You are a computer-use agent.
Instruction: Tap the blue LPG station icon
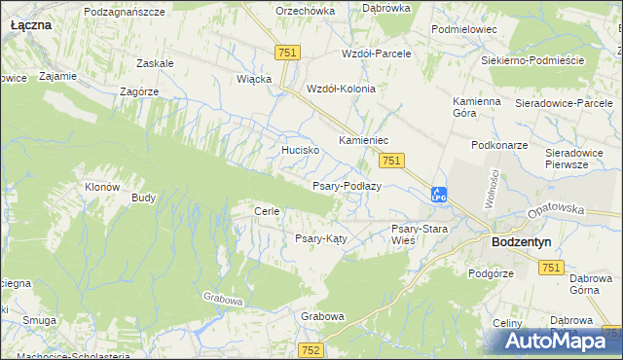(x=439, y=195)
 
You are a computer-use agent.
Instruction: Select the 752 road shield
(x=311, y=350)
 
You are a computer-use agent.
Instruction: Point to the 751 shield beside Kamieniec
(x=391, y=161)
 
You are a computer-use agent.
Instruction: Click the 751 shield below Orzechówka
(x=286, y=54)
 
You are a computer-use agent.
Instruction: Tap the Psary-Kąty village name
(x=321, y=238)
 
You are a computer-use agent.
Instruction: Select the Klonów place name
(x=102, y=187)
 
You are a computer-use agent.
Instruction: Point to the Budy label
(x=144, y=198)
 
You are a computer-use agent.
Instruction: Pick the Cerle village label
(x=267, y=211)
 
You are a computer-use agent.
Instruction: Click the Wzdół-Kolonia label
(x=341, y=88)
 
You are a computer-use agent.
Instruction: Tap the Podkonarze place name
(x=498, y=144)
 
